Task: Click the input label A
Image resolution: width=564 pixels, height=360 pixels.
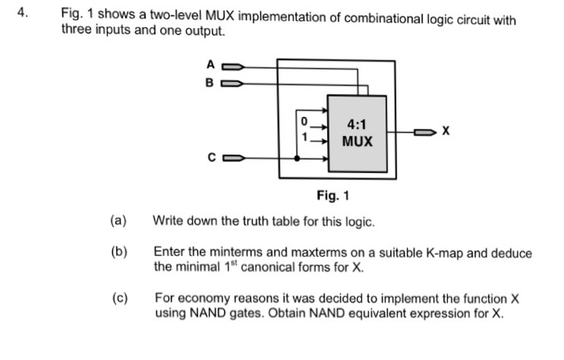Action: [x=210, y=64]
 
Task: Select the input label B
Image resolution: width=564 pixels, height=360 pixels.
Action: [x=210, y=82]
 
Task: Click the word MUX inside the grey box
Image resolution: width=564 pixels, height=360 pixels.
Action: [x=357, y=142]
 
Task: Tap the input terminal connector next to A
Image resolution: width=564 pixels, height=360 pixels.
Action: [x=232, y=65]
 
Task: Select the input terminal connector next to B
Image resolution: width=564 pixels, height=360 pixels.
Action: [x=232, y=82]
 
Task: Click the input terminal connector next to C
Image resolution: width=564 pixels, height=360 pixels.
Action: [x=232, y=158]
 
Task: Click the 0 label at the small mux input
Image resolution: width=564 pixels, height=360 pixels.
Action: [x=304, y=121]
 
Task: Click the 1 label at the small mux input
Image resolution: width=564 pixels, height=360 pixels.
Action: [x=304, y=137]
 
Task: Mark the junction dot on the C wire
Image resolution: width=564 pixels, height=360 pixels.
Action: [x=298, y=158]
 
